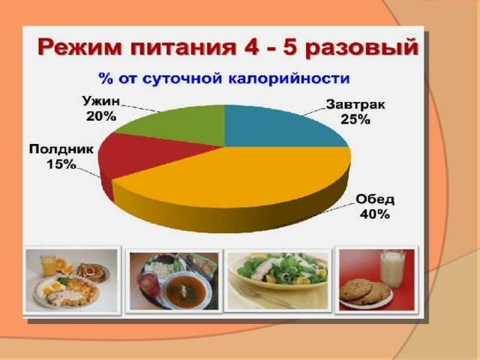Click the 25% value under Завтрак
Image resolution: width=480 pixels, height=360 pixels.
click(355, 119)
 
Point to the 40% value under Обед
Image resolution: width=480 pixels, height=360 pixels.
click(375, 214)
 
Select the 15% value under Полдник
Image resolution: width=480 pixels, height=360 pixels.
click(61, 164)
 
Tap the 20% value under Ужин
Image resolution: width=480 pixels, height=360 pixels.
click(101, 116)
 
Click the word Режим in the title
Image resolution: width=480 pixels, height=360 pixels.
click(79, 47)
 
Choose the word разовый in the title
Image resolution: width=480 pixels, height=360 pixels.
click(361, 48)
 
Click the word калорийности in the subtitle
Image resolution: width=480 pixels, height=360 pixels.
click(289, 79)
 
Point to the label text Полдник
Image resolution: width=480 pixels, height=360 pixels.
click(61, 149)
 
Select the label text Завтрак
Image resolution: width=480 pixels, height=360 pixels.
click(355, 105)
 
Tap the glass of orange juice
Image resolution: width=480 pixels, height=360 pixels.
click(48, 265)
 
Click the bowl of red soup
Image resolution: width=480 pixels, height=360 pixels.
click(187, 291)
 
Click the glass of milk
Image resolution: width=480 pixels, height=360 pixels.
click(393, 268)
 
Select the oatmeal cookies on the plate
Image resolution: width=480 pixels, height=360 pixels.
click(364, 292)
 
